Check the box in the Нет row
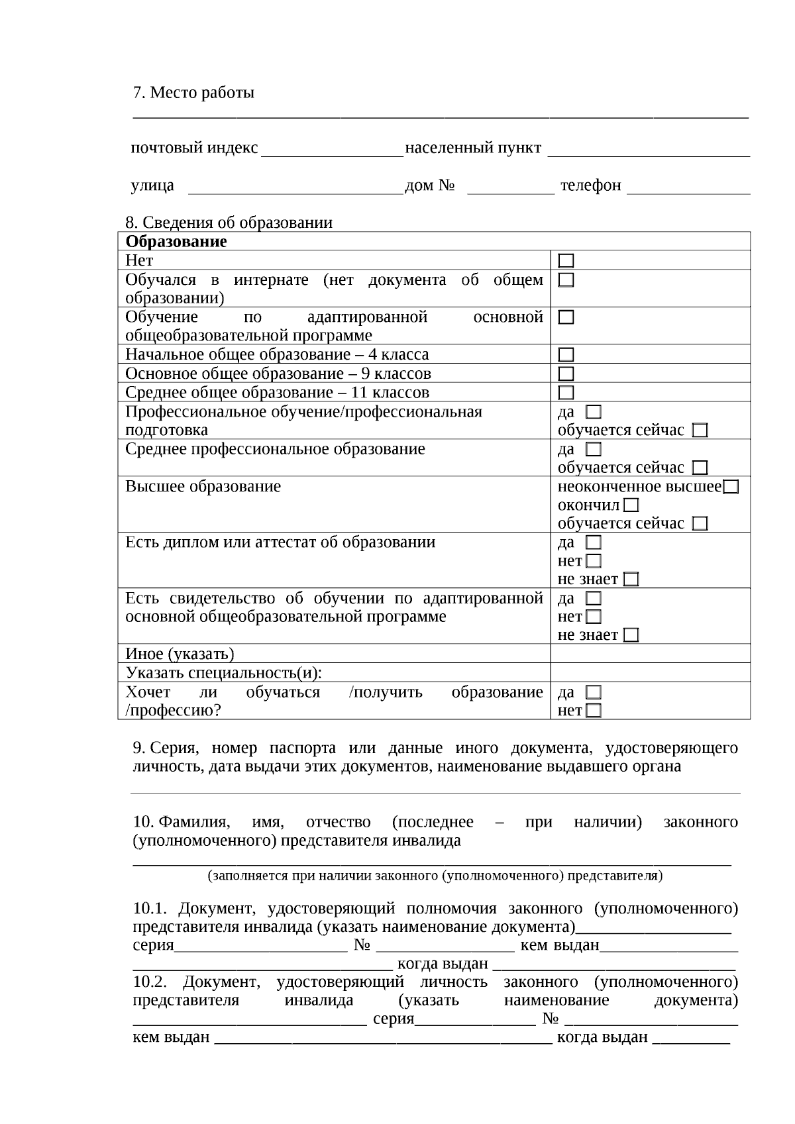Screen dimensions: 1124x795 click(566, 261)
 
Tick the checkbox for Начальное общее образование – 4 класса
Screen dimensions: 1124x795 click(566, 355)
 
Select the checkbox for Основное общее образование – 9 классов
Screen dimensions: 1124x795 click(566, 374)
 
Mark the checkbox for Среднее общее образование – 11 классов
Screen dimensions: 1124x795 click(566, 393)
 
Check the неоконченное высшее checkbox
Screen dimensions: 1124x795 click(731, 487)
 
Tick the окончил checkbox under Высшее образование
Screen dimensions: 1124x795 click(631, 506)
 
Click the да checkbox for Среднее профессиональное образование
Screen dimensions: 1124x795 click(594, 450)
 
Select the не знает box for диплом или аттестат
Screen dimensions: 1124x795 click(631, 580)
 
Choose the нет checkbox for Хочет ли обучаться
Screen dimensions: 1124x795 click(594, 711)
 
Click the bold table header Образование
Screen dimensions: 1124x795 click(176, 242)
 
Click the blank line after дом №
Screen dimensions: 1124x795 click(510, 188)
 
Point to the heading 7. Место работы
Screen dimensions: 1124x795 click(193, 93)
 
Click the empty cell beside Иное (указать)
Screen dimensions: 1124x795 click(650, 654)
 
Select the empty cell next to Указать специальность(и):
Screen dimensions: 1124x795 click(650, 673)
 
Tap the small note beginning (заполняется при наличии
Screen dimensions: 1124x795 click(435, 876)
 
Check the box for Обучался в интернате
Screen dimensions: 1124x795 click(566, 280)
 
